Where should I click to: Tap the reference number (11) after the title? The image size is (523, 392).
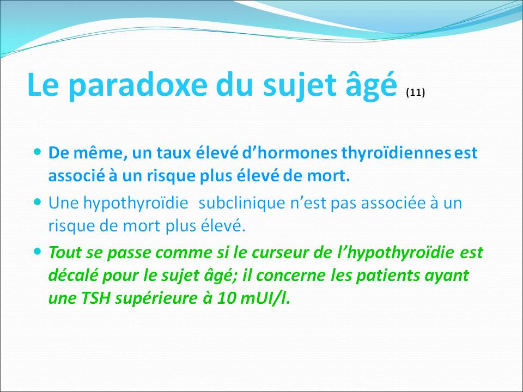tap(415, 93)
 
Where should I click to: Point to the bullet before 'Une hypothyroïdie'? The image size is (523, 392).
tap(38, 201)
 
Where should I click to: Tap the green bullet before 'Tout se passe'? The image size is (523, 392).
tap(38, 252)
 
